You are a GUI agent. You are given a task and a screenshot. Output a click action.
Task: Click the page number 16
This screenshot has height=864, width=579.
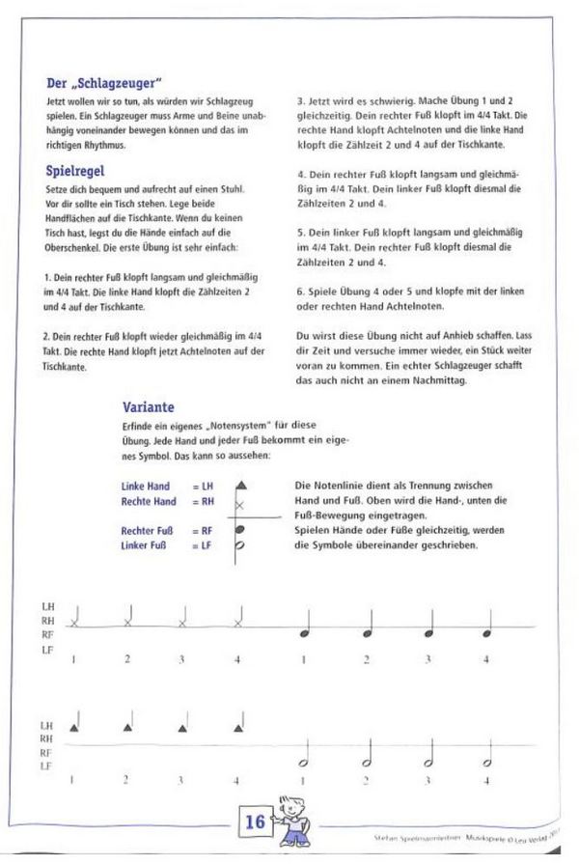point(254,822)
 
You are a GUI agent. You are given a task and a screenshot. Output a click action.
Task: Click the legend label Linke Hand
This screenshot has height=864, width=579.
point(146,487)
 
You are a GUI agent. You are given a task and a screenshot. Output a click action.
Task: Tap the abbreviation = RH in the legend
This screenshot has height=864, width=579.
point(202,502)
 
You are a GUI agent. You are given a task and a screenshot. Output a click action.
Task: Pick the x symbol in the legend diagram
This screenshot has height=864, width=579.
point(240,506)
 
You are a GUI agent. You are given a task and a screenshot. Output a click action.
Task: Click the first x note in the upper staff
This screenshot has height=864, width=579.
point(74,622)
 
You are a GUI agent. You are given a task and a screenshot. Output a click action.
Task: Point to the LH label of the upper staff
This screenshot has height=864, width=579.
point(48,606)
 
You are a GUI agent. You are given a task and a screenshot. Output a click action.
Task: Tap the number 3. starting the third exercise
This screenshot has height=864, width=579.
point(300,99)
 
